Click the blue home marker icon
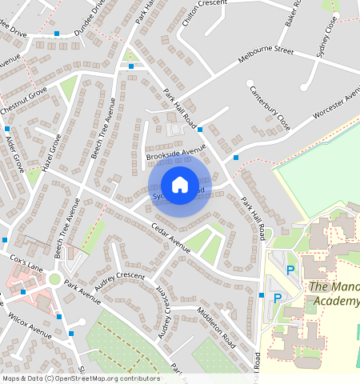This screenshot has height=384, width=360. [180, 185]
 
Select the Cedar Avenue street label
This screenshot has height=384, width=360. [170, 238]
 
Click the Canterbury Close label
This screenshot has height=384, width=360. [269, 109]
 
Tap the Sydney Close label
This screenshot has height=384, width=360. [326, 35]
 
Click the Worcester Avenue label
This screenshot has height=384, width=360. [337, 106]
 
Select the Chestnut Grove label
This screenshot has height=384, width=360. [23, 99]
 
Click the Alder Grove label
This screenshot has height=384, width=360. [14, 152]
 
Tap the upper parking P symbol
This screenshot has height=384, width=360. [290, 270]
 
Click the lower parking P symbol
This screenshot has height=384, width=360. [278, 298]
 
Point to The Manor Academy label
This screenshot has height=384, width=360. [334, 294]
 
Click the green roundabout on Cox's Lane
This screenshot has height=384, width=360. [54, 278]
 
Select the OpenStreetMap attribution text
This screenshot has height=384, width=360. [80, 378]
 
